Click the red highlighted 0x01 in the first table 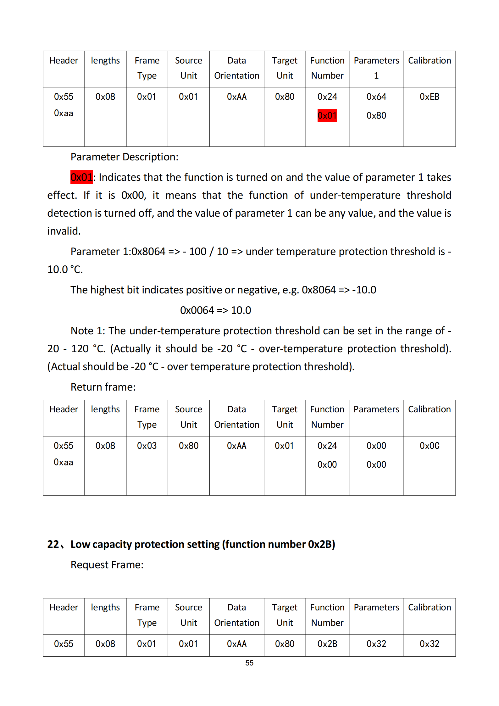[x=327, y=115]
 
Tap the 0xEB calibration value [x=429, y=97]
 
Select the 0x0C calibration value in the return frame [x=429, y=446]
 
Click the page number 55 [x=249, y=663]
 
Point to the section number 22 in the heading [x=53, y=544]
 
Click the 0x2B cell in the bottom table [x=327, y=644]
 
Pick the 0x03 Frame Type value [x=147, y=446]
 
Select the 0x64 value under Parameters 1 [x=376, y=97]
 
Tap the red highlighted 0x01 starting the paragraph [x=81, y=177]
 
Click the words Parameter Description [x=124, y=157]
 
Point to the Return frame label [x=103, y=387]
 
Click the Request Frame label [x=107, y=565]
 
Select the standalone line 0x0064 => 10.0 [x=215, y=310]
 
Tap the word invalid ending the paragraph [x=64, y=231]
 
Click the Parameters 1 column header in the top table [x=376, y=68]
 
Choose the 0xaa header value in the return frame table [x=64, y=462]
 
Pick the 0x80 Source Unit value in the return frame [x=188, y=446]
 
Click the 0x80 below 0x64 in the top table [x=376, y=115]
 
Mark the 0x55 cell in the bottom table [x=64, y=644]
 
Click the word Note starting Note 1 [x=82, y=331]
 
